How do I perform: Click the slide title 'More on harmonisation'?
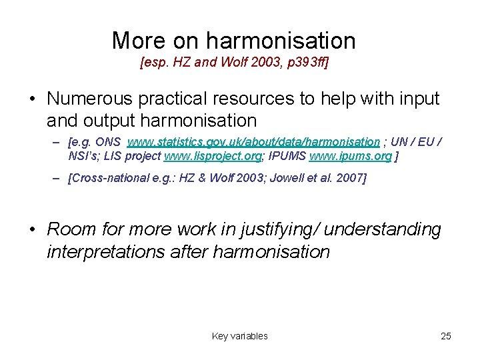click(233, 41)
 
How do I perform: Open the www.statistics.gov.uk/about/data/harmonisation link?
click(253, 142)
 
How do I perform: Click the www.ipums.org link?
click(350, 155)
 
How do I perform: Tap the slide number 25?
click(446, 336)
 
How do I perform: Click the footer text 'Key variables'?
click(239, 336)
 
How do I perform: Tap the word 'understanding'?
click(383, 229)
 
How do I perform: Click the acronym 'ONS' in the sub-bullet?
click(111, 142)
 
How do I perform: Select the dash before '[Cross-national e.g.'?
click(58, 178)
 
